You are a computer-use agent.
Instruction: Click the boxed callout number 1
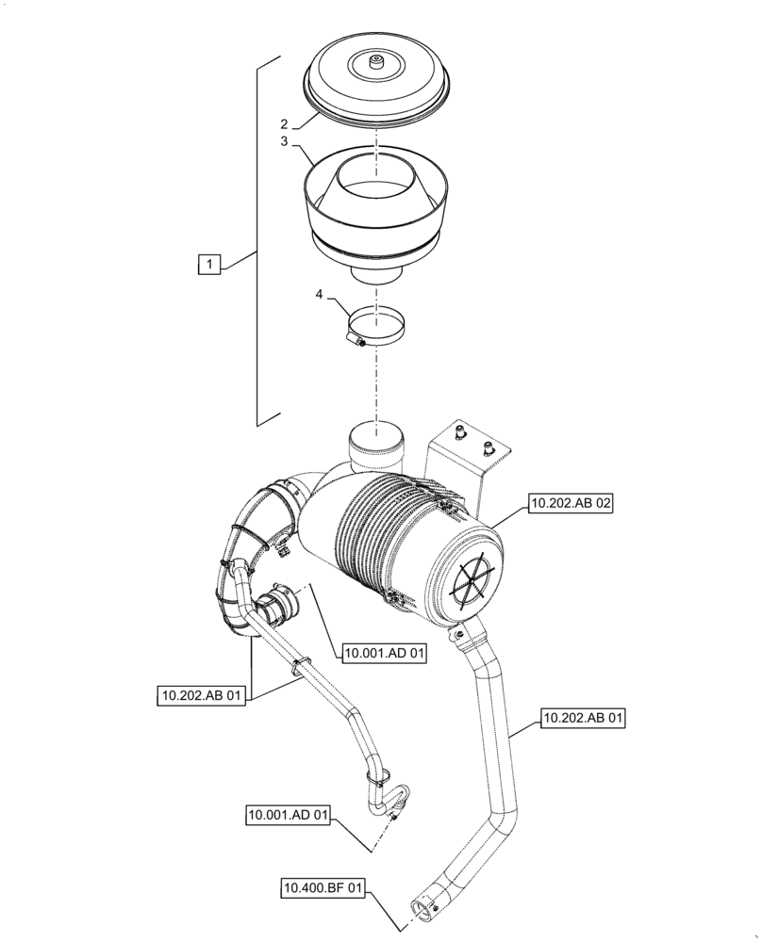(x=208, y=265)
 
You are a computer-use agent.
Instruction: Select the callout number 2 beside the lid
(x=282, y=123)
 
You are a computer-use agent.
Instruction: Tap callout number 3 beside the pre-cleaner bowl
(x=282, y=141)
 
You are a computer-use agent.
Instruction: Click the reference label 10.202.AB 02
(x=571, y=505)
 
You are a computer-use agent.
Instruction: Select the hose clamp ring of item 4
(x=375, y=326)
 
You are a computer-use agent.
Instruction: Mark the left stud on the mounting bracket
(x=460, y=432)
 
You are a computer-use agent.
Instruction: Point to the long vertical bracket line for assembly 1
(x=258, y=235)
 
